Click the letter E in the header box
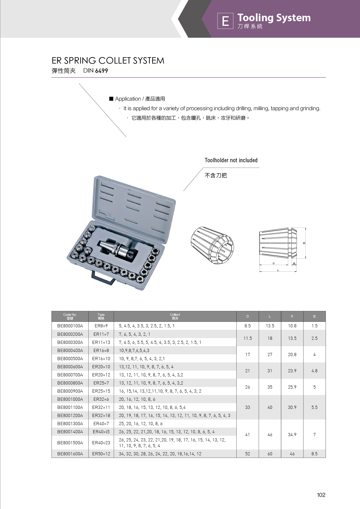(x=225, y=21)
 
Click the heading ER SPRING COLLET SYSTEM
(x=108, y=61)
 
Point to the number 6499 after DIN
(x=101, y=71)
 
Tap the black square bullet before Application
(x=111, y=99)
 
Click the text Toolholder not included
(x=231, y=160)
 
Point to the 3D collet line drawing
(x=212, y=245)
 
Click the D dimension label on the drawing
(x=304, y=243)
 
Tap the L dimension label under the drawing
(x=278, y=270)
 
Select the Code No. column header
(x=70, y=316)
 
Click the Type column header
(x=101, y=316)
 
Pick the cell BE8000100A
(x=70, y=326)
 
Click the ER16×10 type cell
(x=101, y=359)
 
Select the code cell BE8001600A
(x=70, y=454)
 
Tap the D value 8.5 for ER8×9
(x=248, y=326)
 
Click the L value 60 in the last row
(x=270, y=454)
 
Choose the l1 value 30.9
(x=292, y=407)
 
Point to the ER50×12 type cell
(x=101, y=454)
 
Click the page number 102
(x=321, y=495)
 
